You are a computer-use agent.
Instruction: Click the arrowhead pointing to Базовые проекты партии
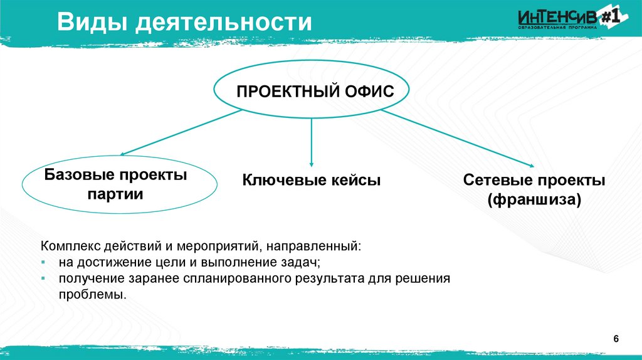(124, 153)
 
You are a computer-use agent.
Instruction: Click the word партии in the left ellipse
(116, 194)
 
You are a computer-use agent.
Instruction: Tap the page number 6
(616, 339)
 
